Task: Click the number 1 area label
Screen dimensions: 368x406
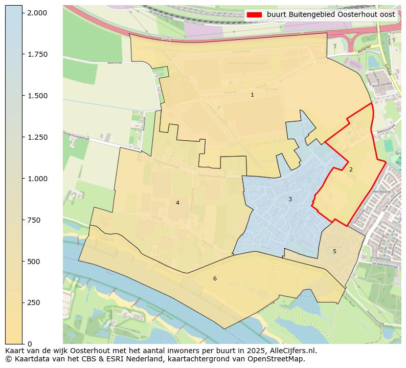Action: click(252, 95)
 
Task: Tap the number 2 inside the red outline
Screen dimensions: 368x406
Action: click(351, 169)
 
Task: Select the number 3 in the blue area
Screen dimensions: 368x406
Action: click(290, 199)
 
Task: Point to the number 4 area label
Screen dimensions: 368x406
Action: click(177, 203)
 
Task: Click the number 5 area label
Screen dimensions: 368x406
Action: click(334, 251)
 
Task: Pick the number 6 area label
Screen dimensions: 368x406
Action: click(215, 278)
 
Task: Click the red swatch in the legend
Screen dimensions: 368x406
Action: click(254, 15)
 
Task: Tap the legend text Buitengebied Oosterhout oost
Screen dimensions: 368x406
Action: click(330, 15)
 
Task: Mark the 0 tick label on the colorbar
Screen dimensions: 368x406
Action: click(30, 344)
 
